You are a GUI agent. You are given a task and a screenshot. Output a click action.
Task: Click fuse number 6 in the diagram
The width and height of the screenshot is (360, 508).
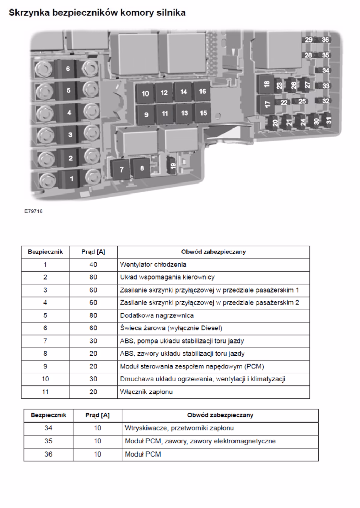click(x=68, y=69)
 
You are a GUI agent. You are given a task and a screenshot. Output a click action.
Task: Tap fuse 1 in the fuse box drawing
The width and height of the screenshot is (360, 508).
click(x=71, y=179)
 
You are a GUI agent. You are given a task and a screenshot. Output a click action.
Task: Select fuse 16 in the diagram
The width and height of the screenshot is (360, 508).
click(x=202, y=91)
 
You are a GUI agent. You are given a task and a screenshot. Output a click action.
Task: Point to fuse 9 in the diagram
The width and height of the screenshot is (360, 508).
click(x=146, y=114)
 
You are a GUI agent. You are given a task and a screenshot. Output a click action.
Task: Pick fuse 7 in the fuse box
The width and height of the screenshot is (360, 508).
click(x=121, y=170)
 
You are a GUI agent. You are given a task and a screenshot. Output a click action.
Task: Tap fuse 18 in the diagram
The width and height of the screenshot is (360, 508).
click(x=266, y=84)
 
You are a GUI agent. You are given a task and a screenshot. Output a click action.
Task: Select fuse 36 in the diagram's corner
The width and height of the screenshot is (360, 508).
click(x=325, y=40)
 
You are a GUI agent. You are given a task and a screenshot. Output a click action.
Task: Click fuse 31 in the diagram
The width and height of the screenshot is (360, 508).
click(x=328, y=120)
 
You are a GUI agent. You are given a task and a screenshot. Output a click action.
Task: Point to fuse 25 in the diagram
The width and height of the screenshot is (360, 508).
click(x=302, y=101)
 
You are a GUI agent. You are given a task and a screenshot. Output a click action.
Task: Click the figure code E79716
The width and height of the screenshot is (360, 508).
click(x=34, y=211)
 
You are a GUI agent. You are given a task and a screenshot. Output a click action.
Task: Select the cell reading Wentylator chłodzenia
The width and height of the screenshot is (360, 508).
click(x=153, y=264)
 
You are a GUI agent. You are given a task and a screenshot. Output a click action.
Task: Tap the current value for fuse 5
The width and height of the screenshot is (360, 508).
click(x=93, y=315)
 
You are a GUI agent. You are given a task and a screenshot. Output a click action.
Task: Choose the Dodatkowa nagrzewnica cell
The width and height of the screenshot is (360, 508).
click(x=157, y=315)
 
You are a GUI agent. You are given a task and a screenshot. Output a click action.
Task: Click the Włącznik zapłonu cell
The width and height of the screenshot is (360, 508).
click(x=146, y=392)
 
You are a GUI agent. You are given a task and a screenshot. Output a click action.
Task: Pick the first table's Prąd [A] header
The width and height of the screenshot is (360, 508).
click(x=93, y=252)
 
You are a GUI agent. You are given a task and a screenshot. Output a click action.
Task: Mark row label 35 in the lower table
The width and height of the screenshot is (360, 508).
click(x=48, y=441)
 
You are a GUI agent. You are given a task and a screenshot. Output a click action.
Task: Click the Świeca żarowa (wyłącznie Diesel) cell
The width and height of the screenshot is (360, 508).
click(x=171, y=328)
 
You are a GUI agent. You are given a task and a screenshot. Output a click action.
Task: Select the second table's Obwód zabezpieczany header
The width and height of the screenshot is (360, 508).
click(x=220, y=415)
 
